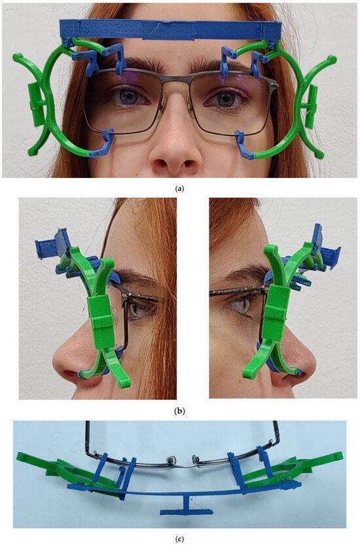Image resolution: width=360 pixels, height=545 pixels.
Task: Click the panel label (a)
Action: click(x=179, y=188)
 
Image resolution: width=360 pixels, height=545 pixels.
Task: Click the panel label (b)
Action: click(x=179, y=411)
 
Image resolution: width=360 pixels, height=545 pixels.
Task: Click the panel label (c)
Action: click(x=179, y=539)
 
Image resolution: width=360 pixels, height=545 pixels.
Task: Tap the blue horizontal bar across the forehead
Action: click(x=170, y=29)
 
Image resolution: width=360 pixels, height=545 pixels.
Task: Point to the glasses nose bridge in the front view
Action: click(x=175, y=79)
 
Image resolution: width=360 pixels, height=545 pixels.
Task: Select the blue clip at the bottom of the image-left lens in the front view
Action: click(x=103, y=143)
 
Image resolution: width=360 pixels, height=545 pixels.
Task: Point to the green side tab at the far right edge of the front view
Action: click(x=311, y=106)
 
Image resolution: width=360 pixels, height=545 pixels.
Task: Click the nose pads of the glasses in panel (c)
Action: click(x=182, y=460)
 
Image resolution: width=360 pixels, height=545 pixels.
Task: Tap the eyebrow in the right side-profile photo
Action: click(x=243, y=275)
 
